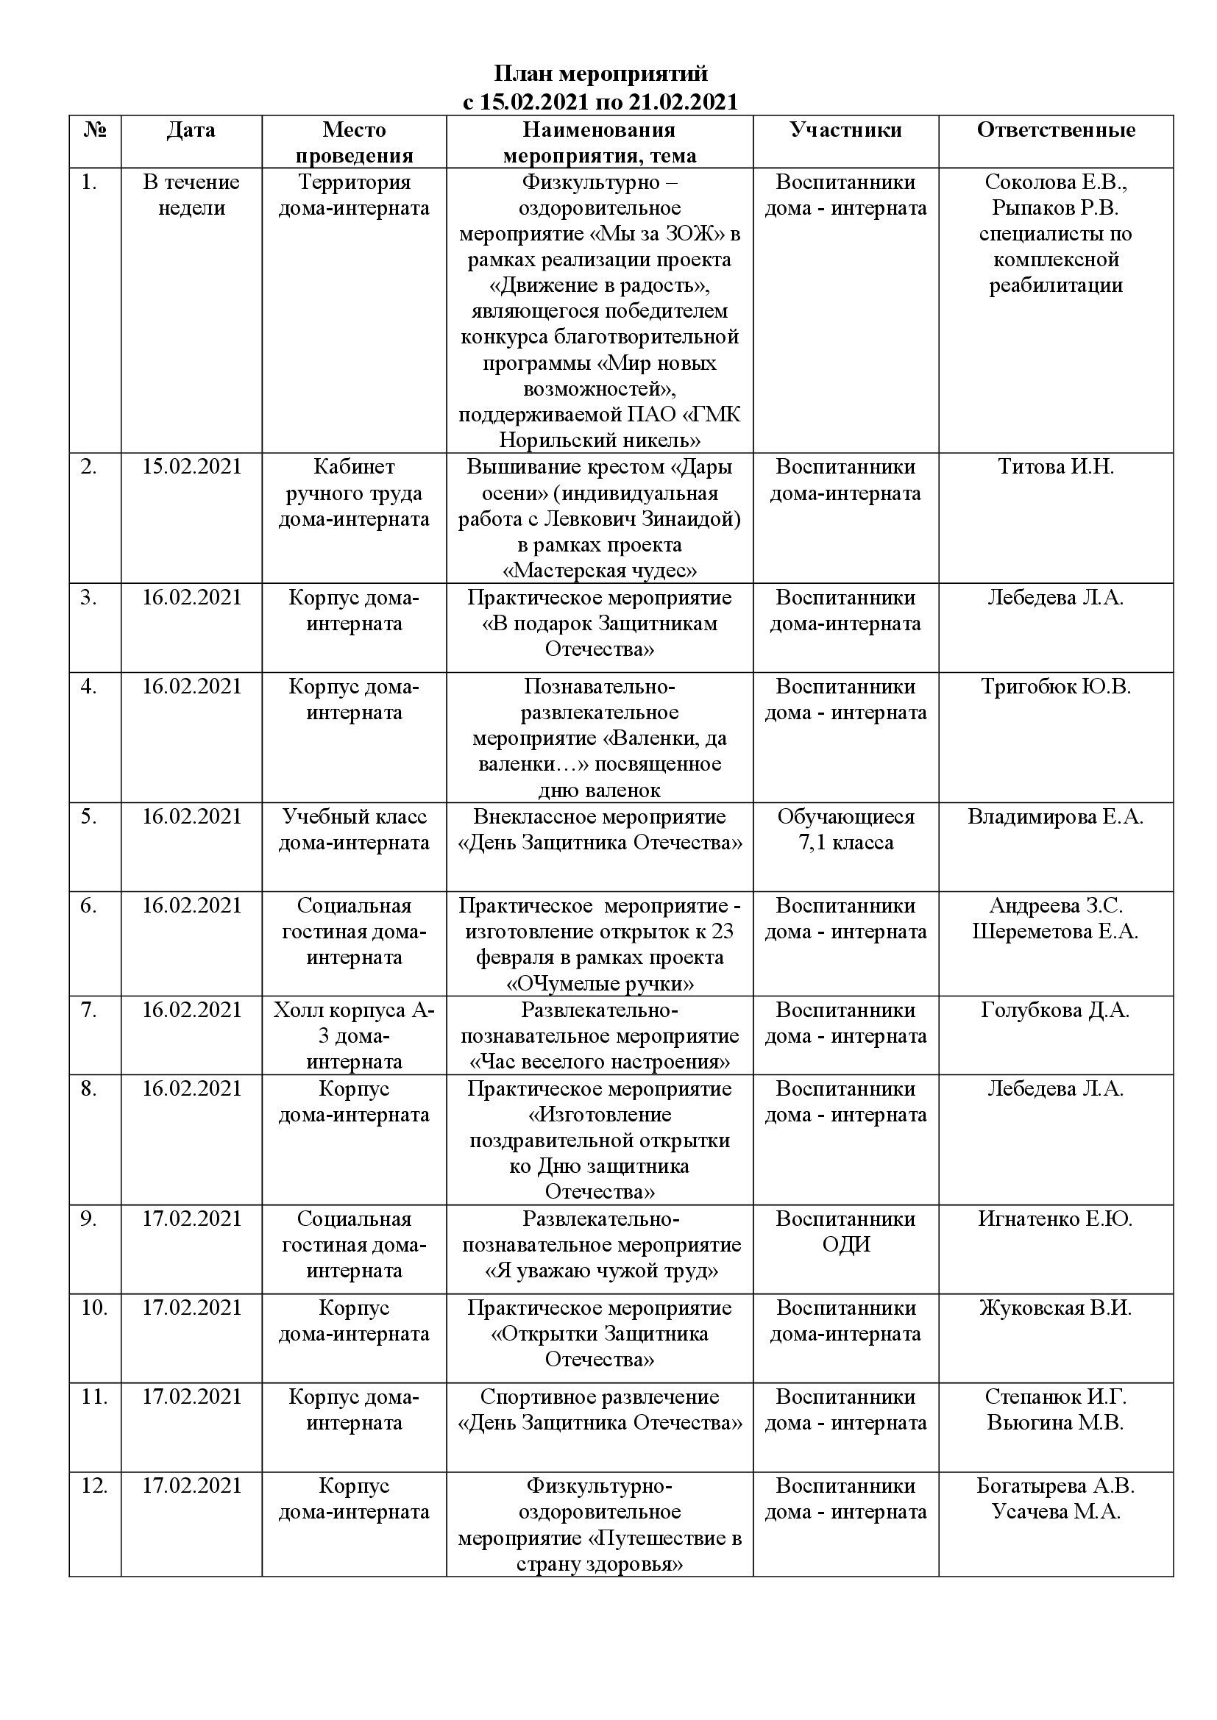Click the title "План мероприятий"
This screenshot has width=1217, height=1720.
pyautogui.click(x=600, y=74)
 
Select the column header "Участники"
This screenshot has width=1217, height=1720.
pyautogui.click(x=845, y=129)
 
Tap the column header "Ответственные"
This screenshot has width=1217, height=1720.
pyautogui.click(x=1055, y=129)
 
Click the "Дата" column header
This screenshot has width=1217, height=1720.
pyautogui.click(x=191, y=129)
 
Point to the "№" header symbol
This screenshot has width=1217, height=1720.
pyautogui.click(x=94, y=129)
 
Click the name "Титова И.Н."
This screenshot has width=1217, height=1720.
pyautogui.click(x=1055, y=467)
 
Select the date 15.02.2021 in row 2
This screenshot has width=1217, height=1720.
pyautogui.click(x=191, y=467)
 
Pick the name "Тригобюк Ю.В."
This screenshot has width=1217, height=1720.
pyautogui.click(x=1055, y=686)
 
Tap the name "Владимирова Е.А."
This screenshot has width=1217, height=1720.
pyautogui.click(x=1055, y=816)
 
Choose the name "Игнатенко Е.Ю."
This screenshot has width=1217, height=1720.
pyautogui.click(x=1055, y=1218)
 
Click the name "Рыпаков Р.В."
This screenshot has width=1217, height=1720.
pyautogui.click(x=1055, y=207)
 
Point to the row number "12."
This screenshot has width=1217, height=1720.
pyautogui.click(x=94, y=1485)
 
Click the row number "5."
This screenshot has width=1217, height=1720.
pyautogui.click(x=89, y=816)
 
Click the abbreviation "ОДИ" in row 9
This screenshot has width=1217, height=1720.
pyautogui.click(x=845, y=1244)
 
